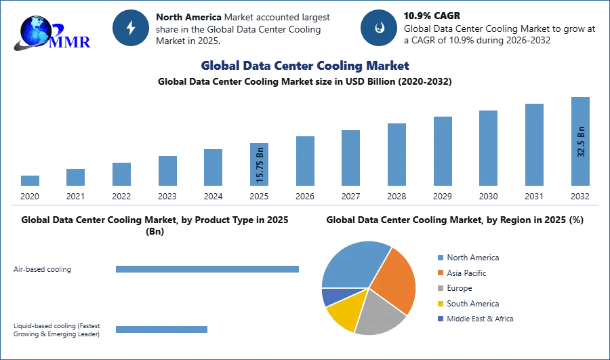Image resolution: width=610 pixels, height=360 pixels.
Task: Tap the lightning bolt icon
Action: click(131, 28)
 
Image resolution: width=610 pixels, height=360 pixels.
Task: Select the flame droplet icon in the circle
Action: click(379, 28)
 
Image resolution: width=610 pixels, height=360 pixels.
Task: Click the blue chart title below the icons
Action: click(306, 66)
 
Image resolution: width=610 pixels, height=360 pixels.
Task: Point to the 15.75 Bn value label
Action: click(260, 165)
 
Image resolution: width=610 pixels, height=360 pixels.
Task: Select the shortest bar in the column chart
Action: click(30, 180)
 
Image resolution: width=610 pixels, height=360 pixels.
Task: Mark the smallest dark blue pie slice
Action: click(329, 296)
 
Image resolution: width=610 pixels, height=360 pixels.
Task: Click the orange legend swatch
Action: click(440, 273)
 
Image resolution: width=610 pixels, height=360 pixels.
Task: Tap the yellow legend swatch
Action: click(440, 304)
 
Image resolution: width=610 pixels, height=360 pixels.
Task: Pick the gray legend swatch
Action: click(440, 288)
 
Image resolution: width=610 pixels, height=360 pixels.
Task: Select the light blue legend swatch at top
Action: click(440, 257)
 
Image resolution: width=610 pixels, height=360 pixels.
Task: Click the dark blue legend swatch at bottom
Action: click(440, 319)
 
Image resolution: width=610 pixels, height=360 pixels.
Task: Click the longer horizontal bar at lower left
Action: click(208, 271)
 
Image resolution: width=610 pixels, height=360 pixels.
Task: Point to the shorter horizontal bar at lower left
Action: click(162, 331)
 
